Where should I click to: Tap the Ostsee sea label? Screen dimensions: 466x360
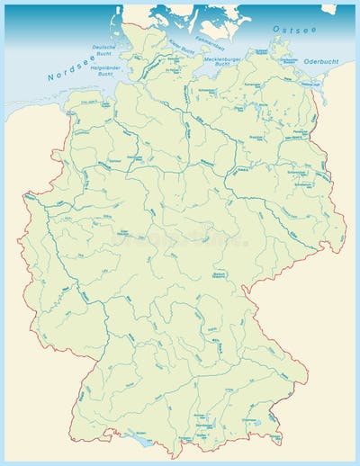point(294,29)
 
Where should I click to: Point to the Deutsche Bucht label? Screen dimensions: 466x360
point(105,49)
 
